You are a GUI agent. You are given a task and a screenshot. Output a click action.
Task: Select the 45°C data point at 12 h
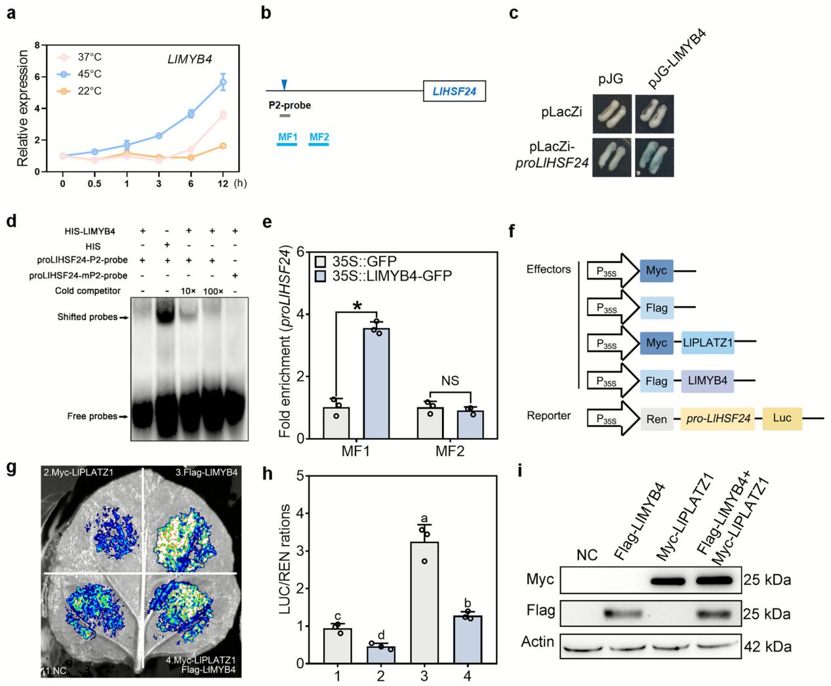click(223, 82)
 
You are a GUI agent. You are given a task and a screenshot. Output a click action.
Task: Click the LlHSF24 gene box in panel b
click(455, 91)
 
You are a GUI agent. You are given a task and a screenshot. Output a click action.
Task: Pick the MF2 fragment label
click(319, 138)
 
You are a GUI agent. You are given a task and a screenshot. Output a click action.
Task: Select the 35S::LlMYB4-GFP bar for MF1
click(376, 383)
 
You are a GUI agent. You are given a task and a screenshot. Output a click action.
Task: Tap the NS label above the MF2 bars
click(449, 381)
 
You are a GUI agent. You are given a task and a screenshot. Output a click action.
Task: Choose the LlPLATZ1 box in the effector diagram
click(707, 342)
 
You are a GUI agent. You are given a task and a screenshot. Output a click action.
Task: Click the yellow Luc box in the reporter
click(782, 417)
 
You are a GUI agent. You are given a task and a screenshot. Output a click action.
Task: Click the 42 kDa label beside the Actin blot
click(767, 647)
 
